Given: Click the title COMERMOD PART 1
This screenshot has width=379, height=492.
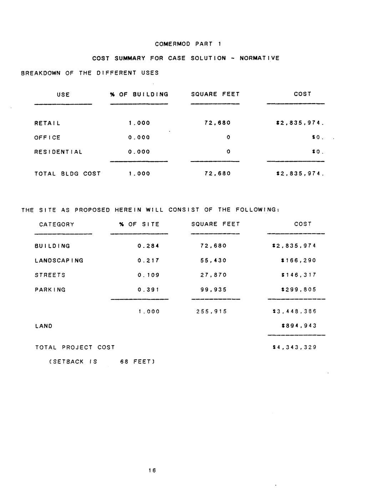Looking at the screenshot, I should pyautogui.click(x=188, y=44).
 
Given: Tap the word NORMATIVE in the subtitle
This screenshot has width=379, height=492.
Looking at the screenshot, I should pyautogui.click(x=259, y=58).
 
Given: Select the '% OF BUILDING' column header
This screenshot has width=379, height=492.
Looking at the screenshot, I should pyautogui.click(x=139, y=94).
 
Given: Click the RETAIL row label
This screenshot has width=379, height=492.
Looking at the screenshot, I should pyautogui.click(x=47, y=123).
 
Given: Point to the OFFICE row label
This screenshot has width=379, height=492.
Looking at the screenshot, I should pyautogui.click(x=47, y=138).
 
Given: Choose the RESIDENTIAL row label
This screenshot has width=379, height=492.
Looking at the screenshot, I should pyautogui.click(x=59, y=152).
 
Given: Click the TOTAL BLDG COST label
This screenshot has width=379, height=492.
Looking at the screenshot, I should pyautogui.click(x=67, y=174).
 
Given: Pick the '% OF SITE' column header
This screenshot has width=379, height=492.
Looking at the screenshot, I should pyautogui.click(x=139, y=224).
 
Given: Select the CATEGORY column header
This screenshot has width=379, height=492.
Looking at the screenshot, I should pyautogui.click(x=57, y=225).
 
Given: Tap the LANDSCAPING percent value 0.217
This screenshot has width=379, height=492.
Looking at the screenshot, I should pyautogui.click(x=148, y=261).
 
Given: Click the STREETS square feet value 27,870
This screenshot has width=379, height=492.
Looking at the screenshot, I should pyautogui.click(x=213, y=275).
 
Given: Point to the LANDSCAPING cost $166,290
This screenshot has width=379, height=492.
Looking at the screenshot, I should pyautogui.click(x=299, y=261).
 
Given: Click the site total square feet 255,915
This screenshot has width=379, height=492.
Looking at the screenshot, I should pyautogui.click(x=211, y=312).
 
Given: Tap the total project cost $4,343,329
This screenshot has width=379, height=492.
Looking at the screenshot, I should pyautogui.click(x=294, y=347).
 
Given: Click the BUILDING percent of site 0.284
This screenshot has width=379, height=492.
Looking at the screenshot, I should pyautogui.click(x=148, y=246).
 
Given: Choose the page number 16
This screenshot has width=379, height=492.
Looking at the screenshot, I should pyautogui.click(x=152, y=471).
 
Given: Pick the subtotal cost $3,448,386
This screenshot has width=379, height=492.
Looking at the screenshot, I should pyautogui.click(x=294, y=312).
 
